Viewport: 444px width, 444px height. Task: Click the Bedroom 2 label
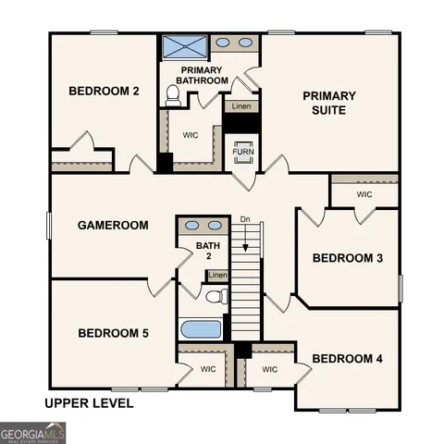pyautogui.click(x=104, y=91)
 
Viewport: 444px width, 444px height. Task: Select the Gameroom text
pyautogui.click(x=113, y=225)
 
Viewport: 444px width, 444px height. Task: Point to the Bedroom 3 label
pyautogui.click(x=347, y=258)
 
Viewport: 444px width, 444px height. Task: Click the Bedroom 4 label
pyautogui.click(x=347, y=358)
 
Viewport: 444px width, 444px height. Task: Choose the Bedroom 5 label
pyautogui.click(x=113, y=333)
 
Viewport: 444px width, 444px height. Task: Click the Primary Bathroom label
pyautogui.click(x=204, y=76)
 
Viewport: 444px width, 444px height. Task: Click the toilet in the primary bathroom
pyautogui.click(x=172, y=94)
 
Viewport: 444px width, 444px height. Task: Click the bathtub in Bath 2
pyautogui.click(x=201, y=329)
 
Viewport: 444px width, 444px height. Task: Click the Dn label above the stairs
pyautogui.click(x=245, y=219)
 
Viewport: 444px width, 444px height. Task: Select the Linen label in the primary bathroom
pyautogui.click(x=240, y=106)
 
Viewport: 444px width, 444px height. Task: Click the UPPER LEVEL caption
pyautogui.click(x=89, y=403)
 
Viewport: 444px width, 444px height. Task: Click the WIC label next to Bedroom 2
pyautogui.click(x=191, y=135)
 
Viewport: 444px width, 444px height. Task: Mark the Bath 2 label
pyautogui.click(x=209, y=251)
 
